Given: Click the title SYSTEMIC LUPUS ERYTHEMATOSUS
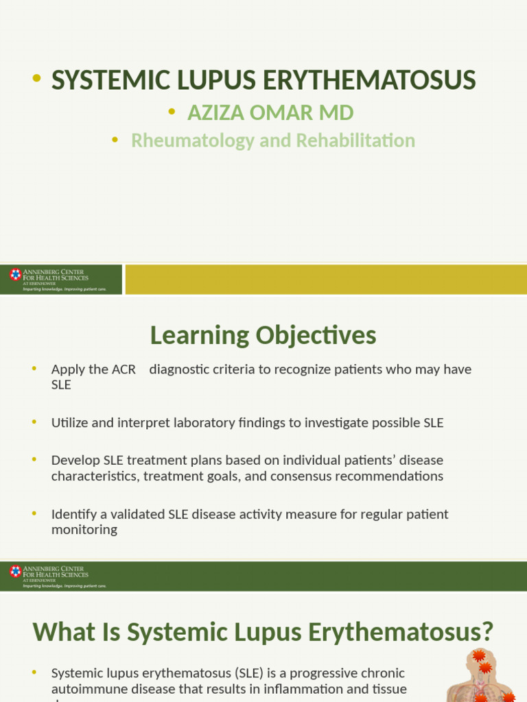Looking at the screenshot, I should coord(263,81).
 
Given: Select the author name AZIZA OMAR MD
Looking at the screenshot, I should coord(270,112).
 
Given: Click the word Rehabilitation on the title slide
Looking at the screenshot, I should coord(358,141).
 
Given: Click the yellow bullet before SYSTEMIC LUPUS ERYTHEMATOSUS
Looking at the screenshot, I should coord(36,80).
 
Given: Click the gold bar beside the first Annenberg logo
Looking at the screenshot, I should coord(325,280).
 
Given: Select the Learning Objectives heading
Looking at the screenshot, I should coord(263,335).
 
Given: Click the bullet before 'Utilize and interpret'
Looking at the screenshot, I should coord(34,422).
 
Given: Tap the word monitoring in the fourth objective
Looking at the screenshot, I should coord(84,530).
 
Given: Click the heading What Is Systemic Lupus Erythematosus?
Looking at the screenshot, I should coord(263,631).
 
